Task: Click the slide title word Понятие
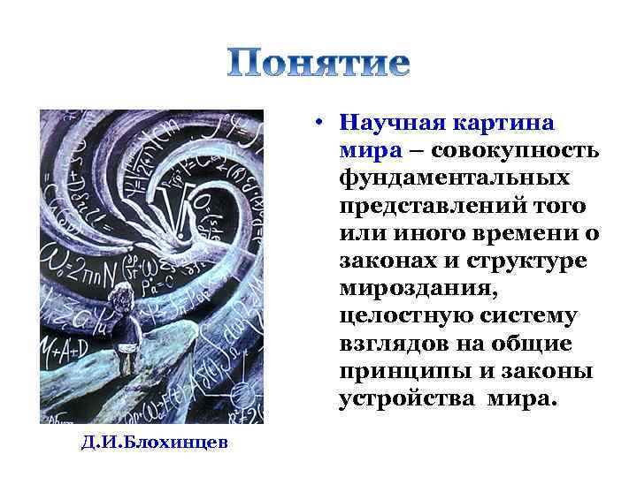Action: [x=318, y=63]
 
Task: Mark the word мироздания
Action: [x=411, y=288]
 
